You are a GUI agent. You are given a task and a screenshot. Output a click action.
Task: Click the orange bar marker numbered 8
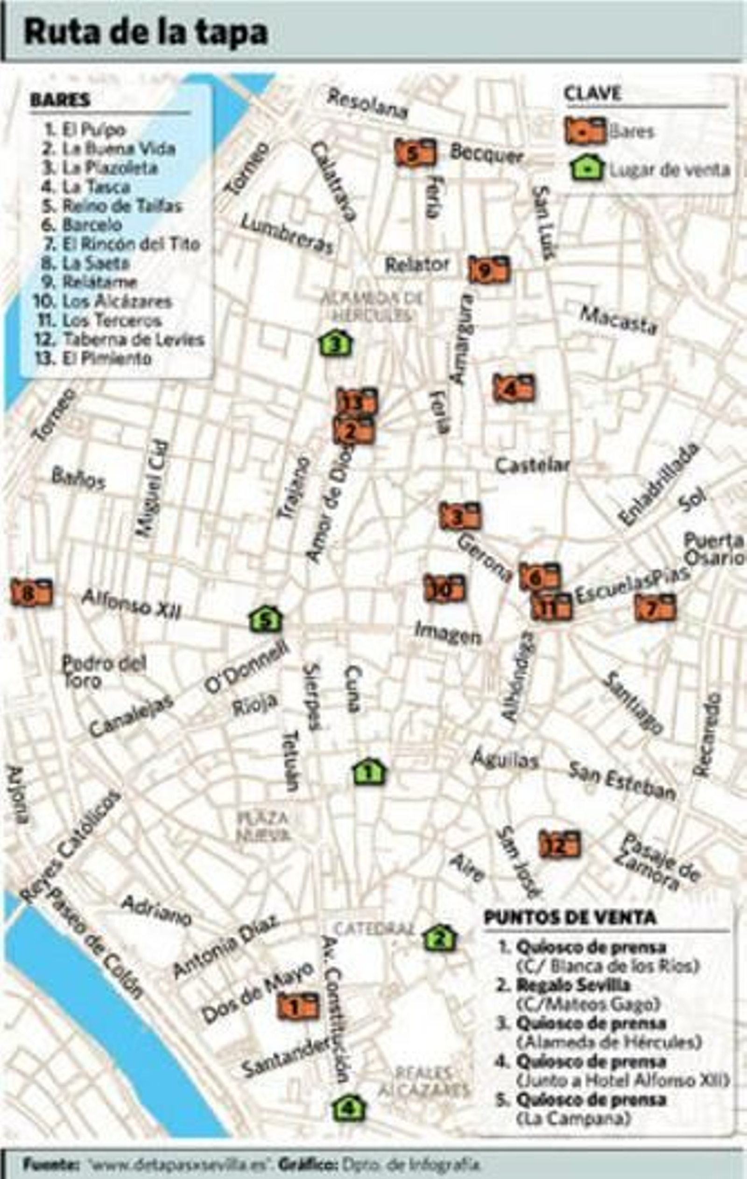(x=31, y=593)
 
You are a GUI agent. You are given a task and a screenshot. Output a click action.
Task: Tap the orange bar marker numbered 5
(x=415, y=153)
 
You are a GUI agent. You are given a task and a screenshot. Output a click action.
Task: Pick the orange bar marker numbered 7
(x=655, y=608)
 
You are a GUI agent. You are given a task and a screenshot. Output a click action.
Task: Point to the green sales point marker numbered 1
(x=369, y=772)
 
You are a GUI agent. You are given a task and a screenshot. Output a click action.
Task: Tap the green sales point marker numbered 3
(x=336, y=344)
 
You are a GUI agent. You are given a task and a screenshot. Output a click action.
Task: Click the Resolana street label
(x=367, y=104)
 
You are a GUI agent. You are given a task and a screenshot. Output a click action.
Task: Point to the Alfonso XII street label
(x=131, y=604)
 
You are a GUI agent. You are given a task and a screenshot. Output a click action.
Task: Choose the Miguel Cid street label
(x=152, y=488)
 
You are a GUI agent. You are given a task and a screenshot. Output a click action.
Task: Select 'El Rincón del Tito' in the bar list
(x=131, y=244)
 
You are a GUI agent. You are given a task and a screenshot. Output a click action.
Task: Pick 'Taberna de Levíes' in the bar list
(x=133, y=339)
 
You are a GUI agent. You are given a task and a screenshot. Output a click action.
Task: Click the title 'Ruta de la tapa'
(x=146, y=33)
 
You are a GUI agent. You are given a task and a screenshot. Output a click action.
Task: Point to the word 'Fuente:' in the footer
(x=51, y=1163)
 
